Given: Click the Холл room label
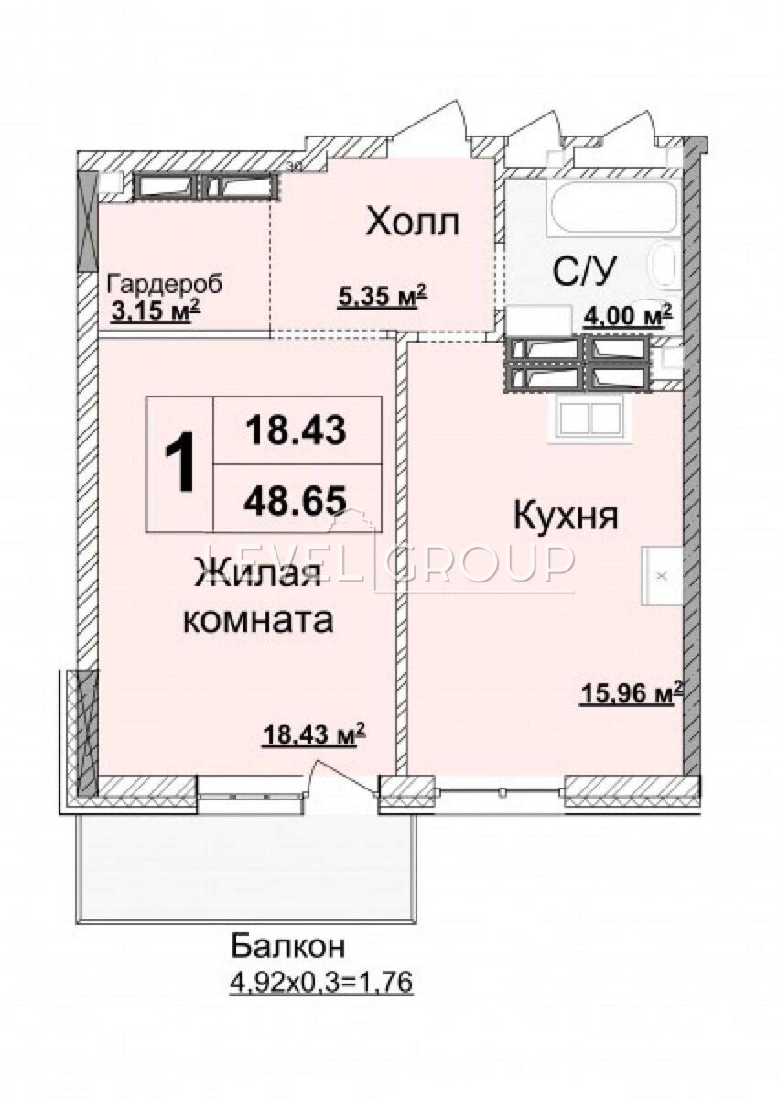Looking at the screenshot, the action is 414,223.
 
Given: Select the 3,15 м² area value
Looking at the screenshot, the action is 155,311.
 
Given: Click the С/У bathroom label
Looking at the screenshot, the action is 583,271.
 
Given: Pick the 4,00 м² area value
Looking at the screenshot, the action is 627,314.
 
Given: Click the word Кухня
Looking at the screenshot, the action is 566,517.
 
